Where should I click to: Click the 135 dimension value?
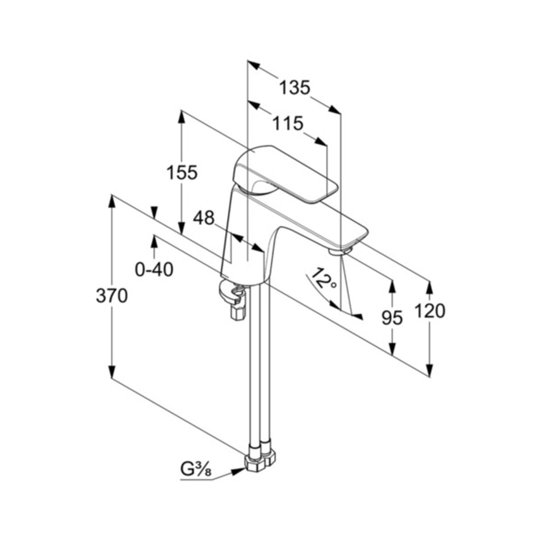tap(295, 87)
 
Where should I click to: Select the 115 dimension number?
tap(287, 123)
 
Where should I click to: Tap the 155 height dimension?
tap(182, 173)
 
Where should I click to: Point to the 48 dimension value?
tap(204, 218)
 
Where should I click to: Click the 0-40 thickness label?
tap(154, 270)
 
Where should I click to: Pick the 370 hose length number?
tap(112, 296)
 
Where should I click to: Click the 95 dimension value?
tap(392, 318)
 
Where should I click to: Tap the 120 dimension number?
tap(430, 311)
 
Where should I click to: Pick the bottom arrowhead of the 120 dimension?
tap(429, 370)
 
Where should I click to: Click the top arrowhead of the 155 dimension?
tap(181, 116)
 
